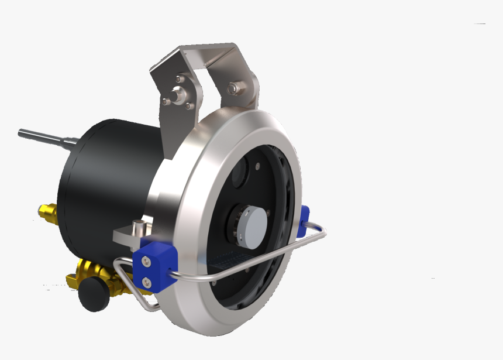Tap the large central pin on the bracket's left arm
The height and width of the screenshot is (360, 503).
tap(176, 93)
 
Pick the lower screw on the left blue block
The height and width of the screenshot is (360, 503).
tap(146, 283)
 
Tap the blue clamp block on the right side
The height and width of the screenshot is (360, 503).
tap(302, 221)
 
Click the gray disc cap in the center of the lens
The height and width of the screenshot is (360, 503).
tap(258, 226)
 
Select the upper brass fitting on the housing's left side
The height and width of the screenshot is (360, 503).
tap(47, 211)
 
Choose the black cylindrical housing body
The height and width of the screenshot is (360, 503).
tap(105, 181)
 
